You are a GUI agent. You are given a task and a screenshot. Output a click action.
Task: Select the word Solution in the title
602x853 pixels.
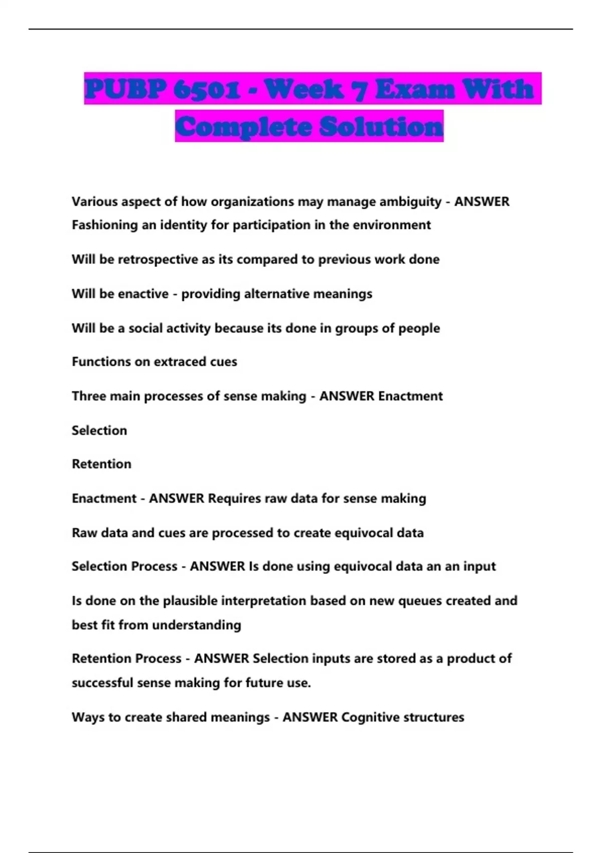point(381,126)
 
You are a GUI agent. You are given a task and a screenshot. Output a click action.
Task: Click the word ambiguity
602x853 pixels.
point(410,202)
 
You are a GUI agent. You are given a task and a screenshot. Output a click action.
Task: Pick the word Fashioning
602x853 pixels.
point(105,225)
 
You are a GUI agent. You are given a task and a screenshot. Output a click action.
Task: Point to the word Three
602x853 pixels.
point(89,396)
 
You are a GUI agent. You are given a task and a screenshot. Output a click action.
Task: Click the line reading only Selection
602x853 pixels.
point(99,431)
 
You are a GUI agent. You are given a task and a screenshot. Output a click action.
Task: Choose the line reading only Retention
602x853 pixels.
point(101,464)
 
